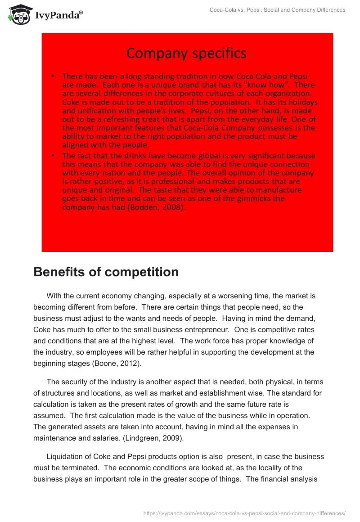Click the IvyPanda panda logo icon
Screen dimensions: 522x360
point(18,14)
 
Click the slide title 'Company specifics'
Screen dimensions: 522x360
point(186,54)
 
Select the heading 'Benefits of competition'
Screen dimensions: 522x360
point(106,272)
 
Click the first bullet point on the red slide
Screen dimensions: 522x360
point(54,76)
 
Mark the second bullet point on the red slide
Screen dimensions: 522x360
point(54,156)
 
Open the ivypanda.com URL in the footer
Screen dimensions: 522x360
point(244,513)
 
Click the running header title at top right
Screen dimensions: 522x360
point(277,10)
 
